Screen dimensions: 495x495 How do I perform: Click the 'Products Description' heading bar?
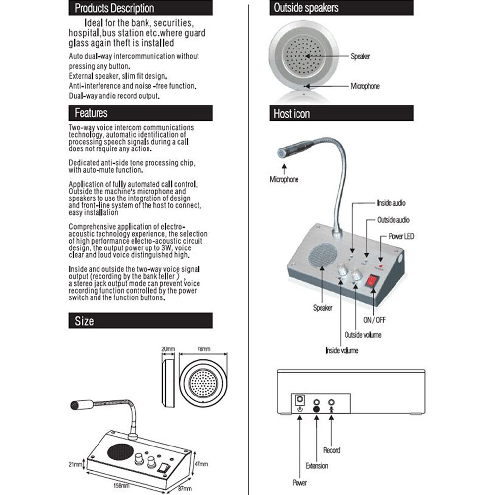[140, 8]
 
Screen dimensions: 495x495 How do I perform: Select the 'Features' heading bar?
[140, 113]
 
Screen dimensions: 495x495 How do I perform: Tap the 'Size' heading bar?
[140, 321]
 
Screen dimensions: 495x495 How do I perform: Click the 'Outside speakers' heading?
[341, 8]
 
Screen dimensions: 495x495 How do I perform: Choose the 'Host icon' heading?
[341, 114]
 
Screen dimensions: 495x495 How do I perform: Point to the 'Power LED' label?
[401, 237]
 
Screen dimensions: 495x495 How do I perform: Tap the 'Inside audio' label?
[392, 203]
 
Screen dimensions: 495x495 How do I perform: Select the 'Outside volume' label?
[363, 335]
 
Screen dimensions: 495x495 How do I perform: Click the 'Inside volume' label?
[342, 350]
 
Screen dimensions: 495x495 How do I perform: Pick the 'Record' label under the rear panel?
[332, 450]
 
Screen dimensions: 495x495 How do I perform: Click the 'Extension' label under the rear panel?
[317, 466]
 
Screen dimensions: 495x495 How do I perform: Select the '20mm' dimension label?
[168, 349]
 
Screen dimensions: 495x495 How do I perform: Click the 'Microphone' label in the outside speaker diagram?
[365, 86]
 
